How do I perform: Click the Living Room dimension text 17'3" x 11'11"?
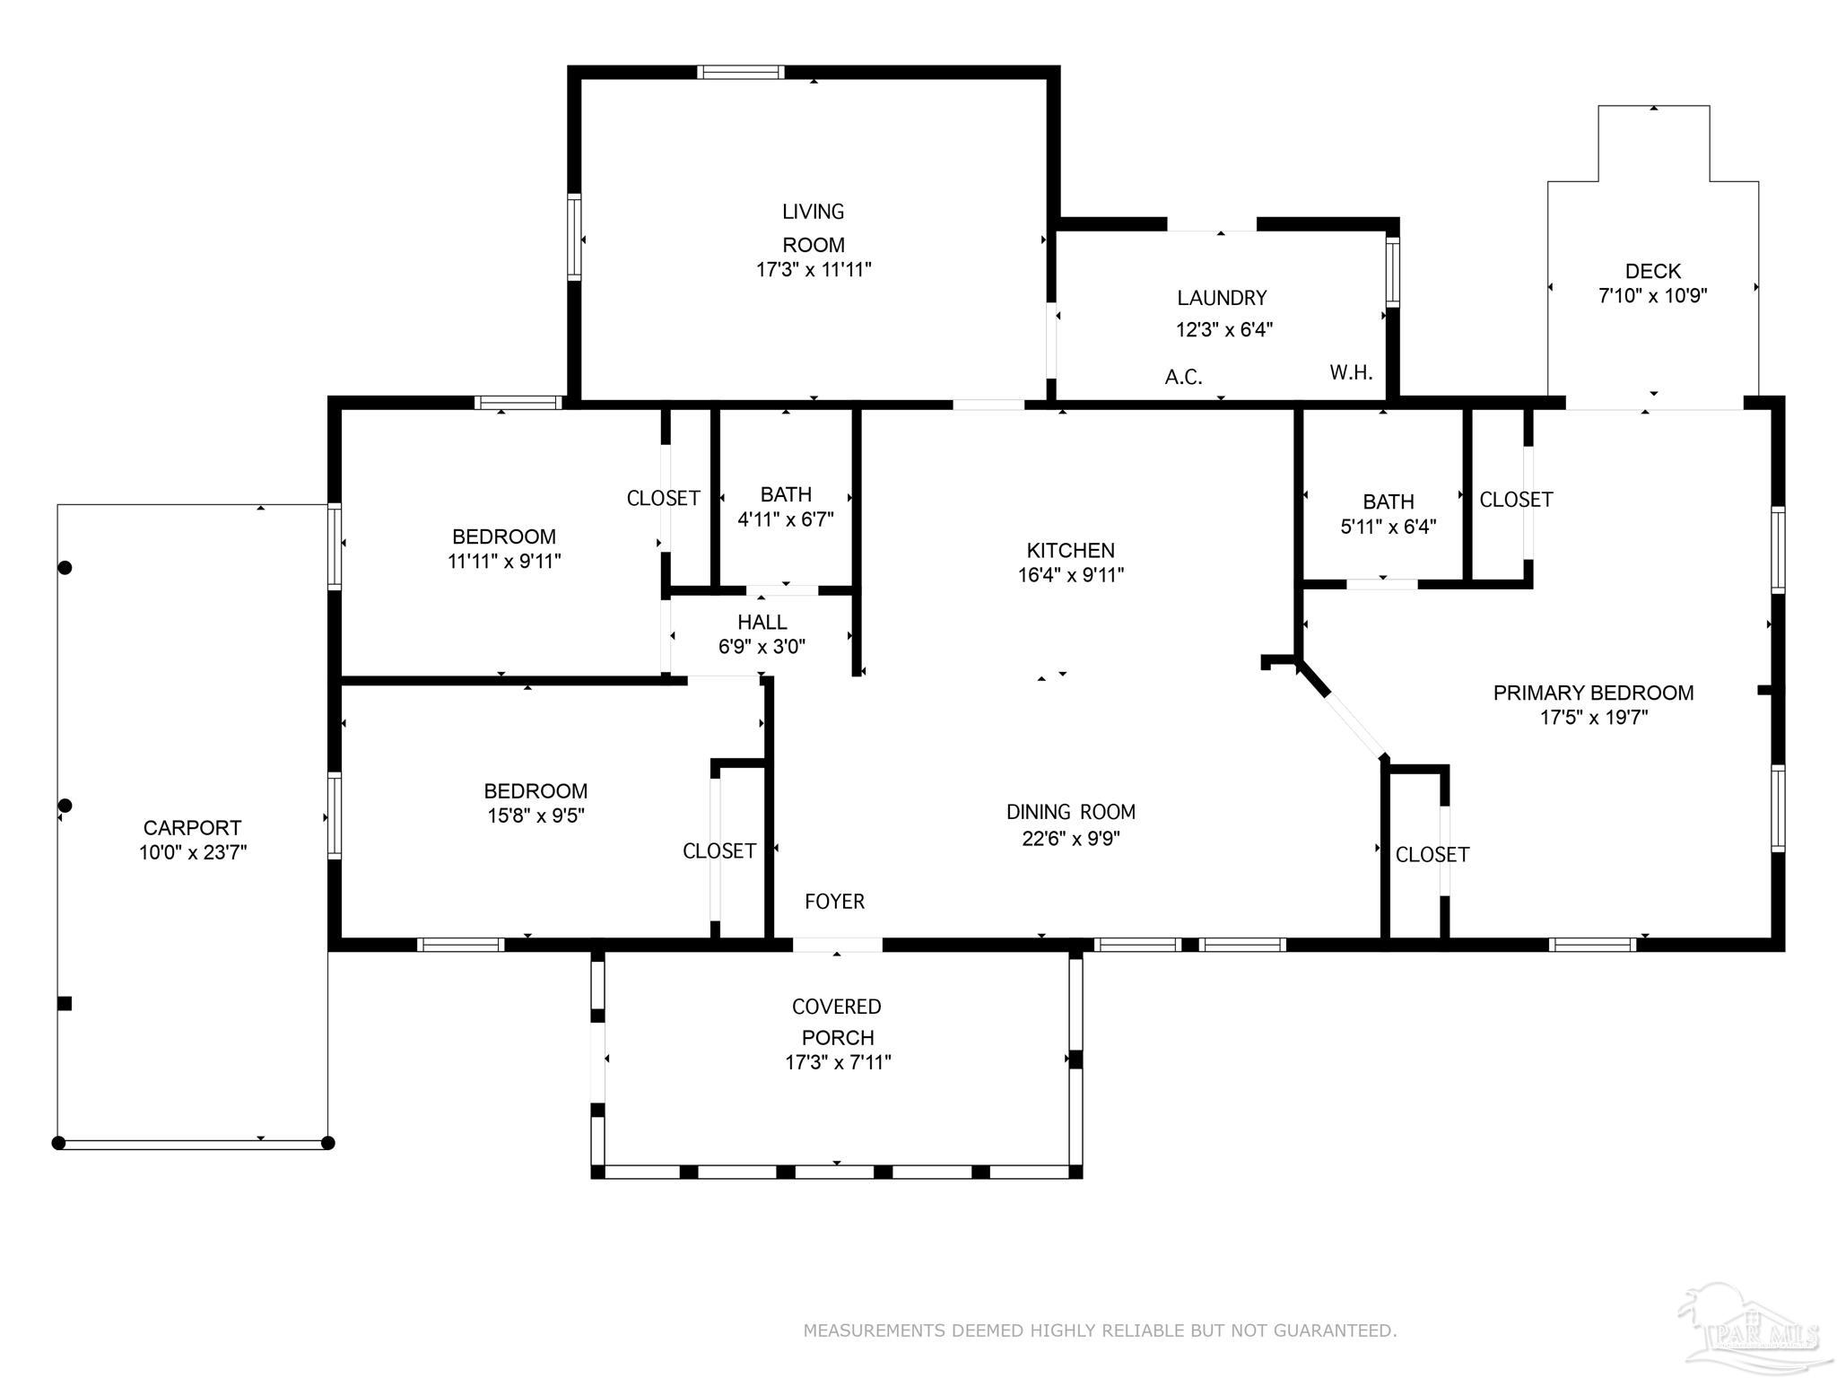(814, 269)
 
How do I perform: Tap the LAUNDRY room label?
(1222, 298)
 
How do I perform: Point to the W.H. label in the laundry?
(1351, 372)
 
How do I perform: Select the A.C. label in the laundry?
(1183, 377)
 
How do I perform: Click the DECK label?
(1652, 271)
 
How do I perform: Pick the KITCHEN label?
(1070, 550)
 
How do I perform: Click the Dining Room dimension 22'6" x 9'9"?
(1071, 839)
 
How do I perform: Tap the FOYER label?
(834, 902)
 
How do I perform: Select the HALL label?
(762, 622)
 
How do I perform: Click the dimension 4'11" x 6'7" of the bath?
(786, 519)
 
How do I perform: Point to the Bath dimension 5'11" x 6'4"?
(1389, 527)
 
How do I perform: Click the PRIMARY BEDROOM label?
(1593, 693)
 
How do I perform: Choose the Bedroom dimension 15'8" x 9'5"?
(535, 815)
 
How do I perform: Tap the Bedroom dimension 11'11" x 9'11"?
(504, 562)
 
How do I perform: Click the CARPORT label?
(192, 828)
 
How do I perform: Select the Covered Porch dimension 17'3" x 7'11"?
(838, 1062)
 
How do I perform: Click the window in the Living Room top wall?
(741, 73)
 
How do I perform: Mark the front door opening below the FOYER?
(838, 945)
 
